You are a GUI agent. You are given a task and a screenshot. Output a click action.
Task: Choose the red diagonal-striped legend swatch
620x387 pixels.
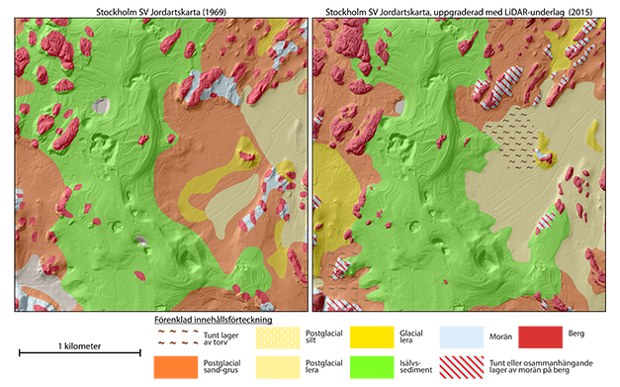pos(461,365)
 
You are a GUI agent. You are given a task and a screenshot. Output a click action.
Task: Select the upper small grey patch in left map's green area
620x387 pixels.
pos(100,104)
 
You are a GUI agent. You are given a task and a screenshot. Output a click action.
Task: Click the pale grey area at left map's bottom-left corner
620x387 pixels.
pos(30,272)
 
